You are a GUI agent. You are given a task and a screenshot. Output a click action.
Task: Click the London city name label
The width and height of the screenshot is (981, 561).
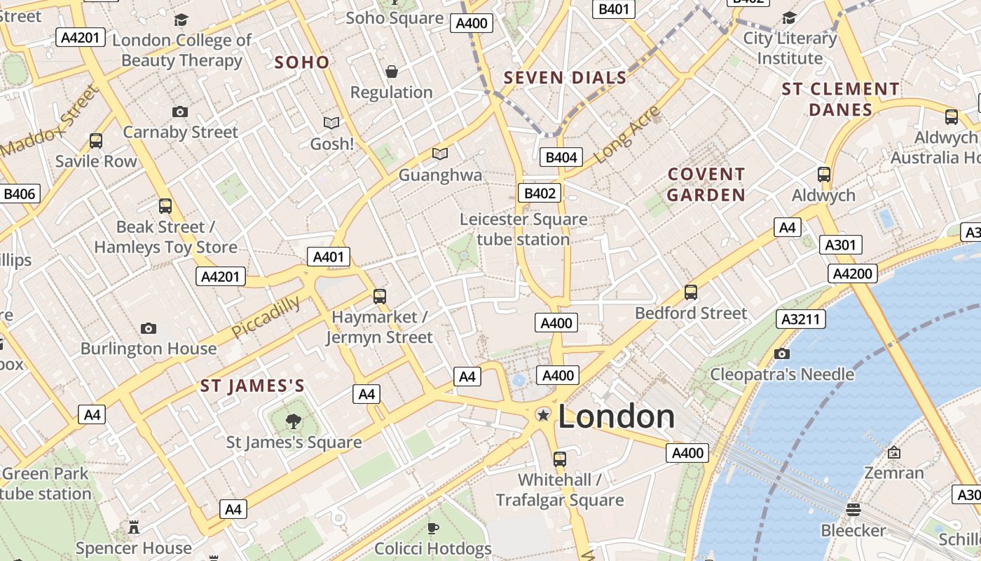(x=616, y=417)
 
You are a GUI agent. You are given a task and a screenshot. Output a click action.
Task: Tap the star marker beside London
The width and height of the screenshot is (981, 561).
(x=542, y=415)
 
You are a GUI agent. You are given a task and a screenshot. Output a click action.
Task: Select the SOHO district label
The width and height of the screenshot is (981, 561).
(x=302, y=62)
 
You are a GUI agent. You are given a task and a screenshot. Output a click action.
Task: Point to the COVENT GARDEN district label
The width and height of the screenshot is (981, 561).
(x=706, y=184)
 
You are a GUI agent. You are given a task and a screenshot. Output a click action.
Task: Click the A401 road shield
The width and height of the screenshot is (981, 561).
(x=329, y=257)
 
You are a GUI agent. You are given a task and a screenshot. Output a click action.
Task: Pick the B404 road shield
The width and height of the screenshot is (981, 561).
(x=561, y=157)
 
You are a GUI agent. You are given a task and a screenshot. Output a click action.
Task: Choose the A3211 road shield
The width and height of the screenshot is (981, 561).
(x=800, y=320)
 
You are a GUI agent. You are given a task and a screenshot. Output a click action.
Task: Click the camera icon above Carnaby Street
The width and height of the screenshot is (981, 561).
(x=180, y=111)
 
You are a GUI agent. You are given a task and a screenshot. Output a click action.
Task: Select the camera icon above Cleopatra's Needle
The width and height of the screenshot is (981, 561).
(x=782, y=353)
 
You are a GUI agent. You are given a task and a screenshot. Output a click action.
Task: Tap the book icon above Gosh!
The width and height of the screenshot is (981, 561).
(x=331, y=123)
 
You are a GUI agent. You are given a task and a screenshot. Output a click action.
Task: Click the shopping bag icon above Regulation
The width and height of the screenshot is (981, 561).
(x=392, y=72)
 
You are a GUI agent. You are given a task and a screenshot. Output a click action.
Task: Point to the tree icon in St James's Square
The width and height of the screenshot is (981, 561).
(x=294, y=421)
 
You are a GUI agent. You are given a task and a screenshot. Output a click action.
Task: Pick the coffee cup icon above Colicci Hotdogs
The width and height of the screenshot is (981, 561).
(x=433, y=527)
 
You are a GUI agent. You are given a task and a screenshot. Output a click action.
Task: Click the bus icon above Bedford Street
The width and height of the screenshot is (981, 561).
(x=691, y=292)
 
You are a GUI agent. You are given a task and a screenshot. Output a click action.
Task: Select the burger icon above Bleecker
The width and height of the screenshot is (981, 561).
(x=853, y=509)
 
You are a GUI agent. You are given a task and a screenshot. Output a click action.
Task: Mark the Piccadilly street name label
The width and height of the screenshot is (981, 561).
(x=266, y=317)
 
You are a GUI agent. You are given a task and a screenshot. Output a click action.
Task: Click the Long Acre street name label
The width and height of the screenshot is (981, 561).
(x=626, y=134)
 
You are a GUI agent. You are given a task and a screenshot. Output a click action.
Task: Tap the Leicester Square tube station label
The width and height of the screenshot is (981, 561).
(x=523, y=229)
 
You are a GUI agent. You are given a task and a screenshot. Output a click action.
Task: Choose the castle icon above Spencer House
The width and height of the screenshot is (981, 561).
(x=133, y=526)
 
